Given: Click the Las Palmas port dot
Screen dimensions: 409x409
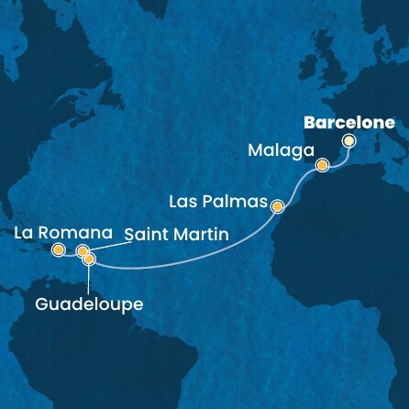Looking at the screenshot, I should [x=278, y=207].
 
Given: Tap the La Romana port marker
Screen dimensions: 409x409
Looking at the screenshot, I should [x=59, y=249].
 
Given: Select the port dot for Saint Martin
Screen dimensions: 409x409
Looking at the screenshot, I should [x=83, y=250].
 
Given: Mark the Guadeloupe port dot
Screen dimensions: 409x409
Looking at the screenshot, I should [x=89, y=260].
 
